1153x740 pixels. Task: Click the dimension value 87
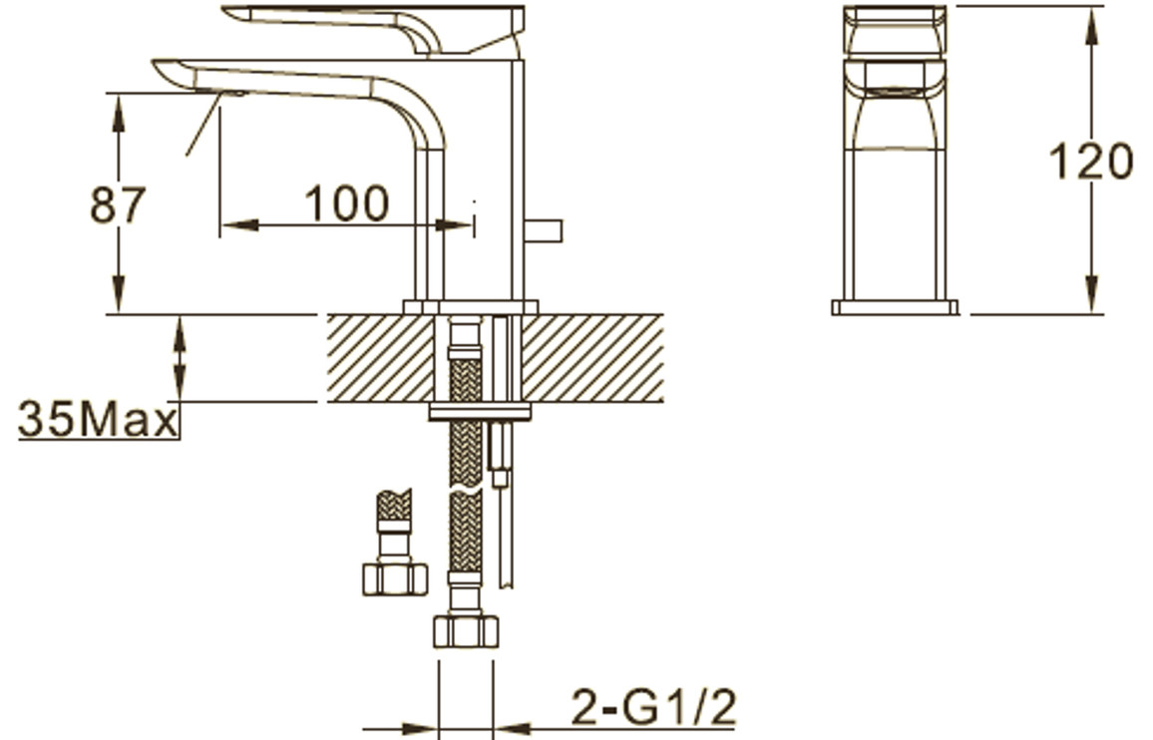coord(118,204)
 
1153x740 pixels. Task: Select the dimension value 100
coord(346,203)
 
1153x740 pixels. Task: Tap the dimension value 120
coord(1090,162)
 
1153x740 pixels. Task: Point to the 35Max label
coord(98,420)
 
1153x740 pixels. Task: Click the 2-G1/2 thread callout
coord(653,707)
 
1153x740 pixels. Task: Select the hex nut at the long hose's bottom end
coord(466,631)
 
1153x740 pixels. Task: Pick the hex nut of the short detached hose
coord(395,578)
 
